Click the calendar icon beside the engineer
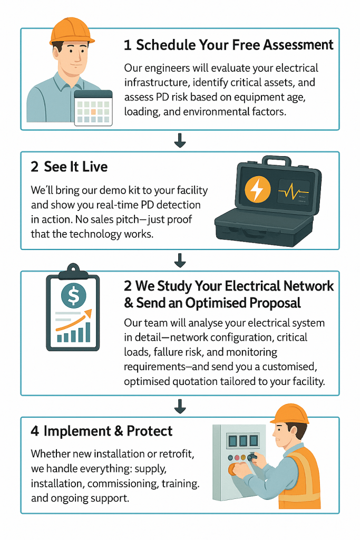[93, 108]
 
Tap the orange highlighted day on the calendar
[93, 112]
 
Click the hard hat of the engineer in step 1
[72, 31]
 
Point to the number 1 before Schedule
[128, 45]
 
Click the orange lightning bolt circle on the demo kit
[257, 189]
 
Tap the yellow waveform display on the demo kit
[294, 192]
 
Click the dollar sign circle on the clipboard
[73, 295]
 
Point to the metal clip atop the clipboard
[73, 270]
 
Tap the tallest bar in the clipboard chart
[87, 332]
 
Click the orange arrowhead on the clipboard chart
[88, 313]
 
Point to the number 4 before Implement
[35, 431]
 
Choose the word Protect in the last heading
[149, 431]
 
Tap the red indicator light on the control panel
[237, 458]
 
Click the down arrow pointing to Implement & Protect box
[180, 407]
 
